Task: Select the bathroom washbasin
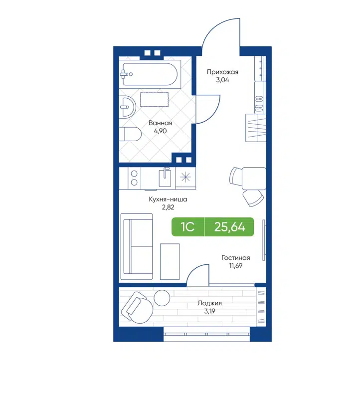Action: [x=128, y=106]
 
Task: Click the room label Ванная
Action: [x=160, y=123]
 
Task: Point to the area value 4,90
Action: [x=160, y=133]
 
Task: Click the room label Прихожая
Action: [x=223, y=72]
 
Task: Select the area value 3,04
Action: [x=223, y=81]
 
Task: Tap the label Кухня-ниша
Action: [x=168, y=199]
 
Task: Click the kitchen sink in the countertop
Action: [x=165, y=178]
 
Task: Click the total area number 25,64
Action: [x=229, y=227]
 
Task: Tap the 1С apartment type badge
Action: [x=187, y=227]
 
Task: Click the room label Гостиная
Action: [x=236, y=258]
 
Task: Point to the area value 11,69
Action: [x=236, y=267]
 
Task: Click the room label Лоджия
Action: [x=209, y=303]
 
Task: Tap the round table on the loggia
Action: [x=162, y=298]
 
